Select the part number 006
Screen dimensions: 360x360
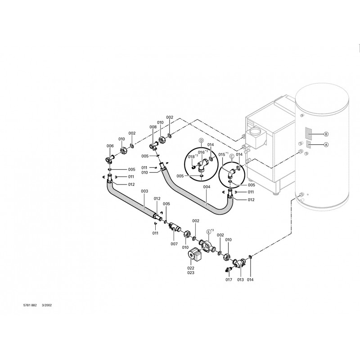pos(110,146)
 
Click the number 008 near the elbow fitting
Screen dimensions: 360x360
pos(153,127)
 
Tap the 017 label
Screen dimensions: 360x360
pos(229,280)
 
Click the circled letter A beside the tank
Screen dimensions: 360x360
pos(326,144)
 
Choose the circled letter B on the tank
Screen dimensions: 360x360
pos(326,134)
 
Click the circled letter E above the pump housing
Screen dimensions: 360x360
pos(208,231)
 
